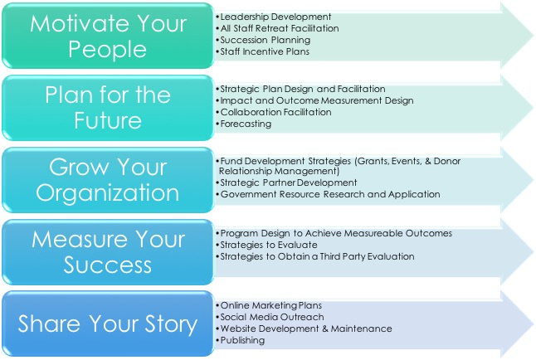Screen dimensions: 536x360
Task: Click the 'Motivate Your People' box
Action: [x=108, y=36]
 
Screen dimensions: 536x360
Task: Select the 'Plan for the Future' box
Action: [x=108, y=108]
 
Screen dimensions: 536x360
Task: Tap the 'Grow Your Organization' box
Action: [x=108, y=180]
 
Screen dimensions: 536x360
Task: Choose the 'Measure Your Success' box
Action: [x=108, y=252]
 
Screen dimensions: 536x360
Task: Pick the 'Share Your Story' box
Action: [x=108, y=324]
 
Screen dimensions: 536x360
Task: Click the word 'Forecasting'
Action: [x=246, y=124]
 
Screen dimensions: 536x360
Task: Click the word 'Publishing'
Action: [x=242, y=340]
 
